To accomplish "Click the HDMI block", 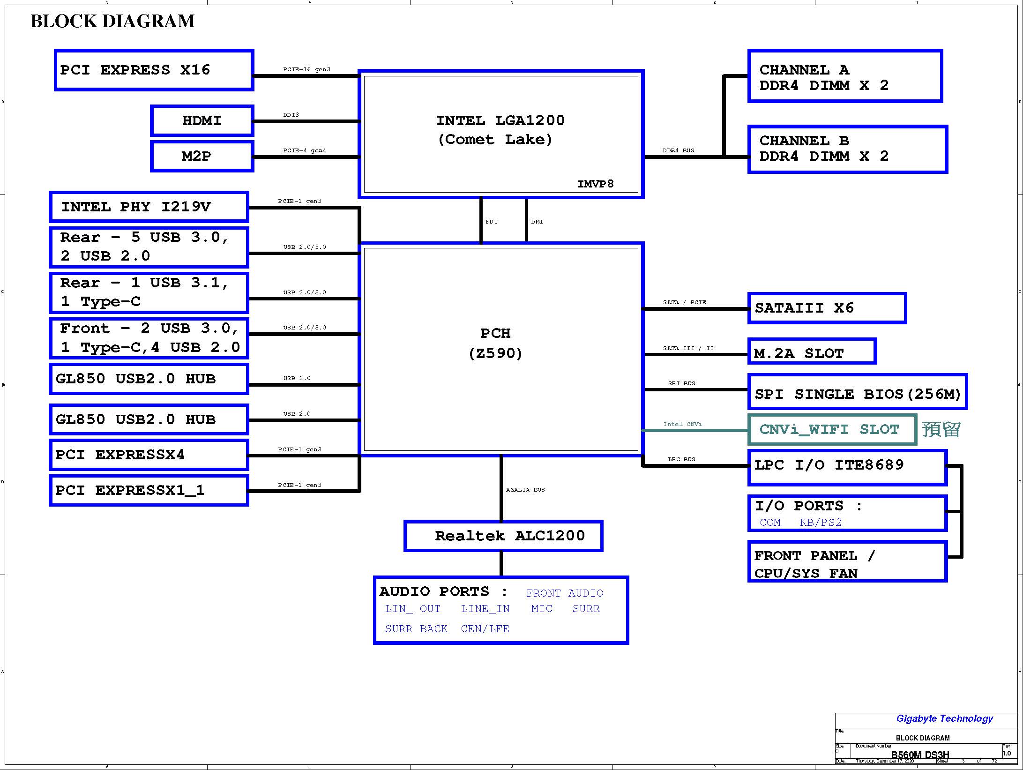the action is [x=202, y=120].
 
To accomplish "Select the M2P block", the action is [x=202, y=156].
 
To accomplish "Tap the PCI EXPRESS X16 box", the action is [x=154, y=70].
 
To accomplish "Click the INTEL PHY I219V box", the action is [x=149, y=207].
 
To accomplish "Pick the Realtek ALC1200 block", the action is [x=503, y=536].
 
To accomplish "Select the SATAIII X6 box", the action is [x=827, y=308].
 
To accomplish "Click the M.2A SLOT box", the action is [x=812, y=351].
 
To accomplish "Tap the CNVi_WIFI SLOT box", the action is [x=832, y=429].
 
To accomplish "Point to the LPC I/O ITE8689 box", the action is [x=847, y=467].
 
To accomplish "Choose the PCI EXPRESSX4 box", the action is [x=149, y=455].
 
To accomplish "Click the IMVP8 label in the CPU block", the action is [x=595, y=184].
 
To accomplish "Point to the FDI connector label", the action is [x=492, y=222].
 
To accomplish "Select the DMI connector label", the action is [x=537, y=222].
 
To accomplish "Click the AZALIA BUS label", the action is [x=525, y=490].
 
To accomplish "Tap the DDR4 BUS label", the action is [x=679, y=150].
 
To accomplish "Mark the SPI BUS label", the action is [x=682, y=383].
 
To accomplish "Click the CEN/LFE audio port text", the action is [x=485, y=628].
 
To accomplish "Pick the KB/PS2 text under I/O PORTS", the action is [x=821, y=522].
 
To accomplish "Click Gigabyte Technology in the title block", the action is [x=945, y=718].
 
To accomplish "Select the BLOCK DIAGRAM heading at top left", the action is [x=112, y=21].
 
